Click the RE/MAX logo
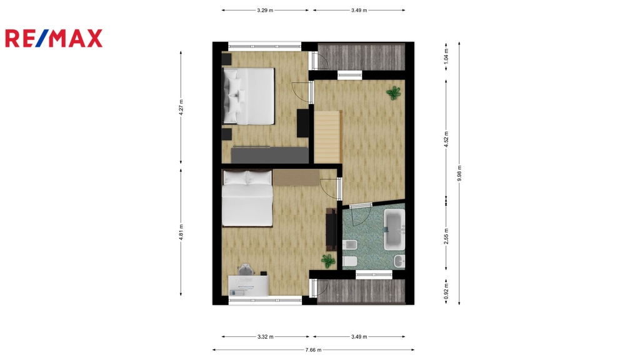coord(54,38)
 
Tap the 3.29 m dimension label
coord(265,10)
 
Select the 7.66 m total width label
coord(313,350)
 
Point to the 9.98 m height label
coord(459,173)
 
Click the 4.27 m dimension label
coord(181,107)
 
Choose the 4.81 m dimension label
coord(181,232)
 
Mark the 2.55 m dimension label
coord(446,236)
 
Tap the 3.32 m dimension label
coord(265,337)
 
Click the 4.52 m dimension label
coord(446,139)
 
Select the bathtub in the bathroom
coord(394,229)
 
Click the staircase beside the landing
coord(327,136)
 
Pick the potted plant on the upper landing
coord(394,93)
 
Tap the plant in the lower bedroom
coord(328,261)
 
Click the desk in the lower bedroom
coord(248,285)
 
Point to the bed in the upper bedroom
coord(248,96)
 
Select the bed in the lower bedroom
coord(247,198)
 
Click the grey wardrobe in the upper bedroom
coord(270,155)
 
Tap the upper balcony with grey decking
coord(361,57)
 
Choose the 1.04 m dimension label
coord(446,56)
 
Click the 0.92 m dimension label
coord(446,291)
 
